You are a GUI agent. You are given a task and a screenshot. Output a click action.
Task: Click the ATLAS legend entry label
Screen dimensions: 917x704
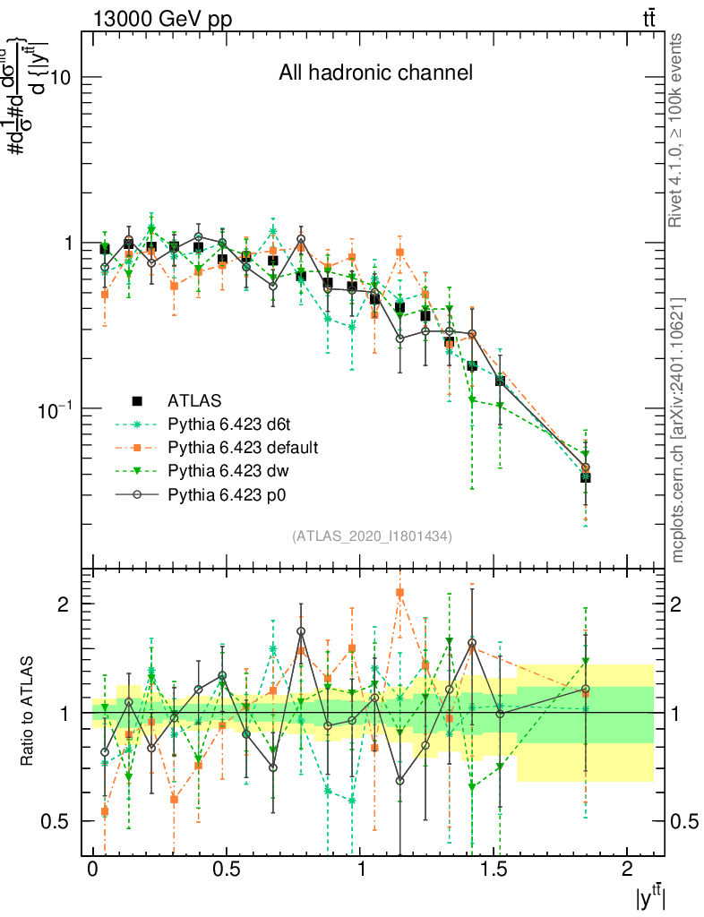[x=193, y=399]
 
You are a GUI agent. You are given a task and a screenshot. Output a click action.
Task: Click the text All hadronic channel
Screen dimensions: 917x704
[x=375, y=73]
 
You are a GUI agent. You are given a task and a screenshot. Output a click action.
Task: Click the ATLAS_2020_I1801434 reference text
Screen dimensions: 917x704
[x=372, y=536]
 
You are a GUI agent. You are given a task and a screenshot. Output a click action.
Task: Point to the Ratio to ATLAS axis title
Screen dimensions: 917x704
[x=28, y=713]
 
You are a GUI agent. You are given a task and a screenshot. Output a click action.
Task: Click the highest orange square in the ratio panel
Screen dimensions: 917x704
[x=400, y=592]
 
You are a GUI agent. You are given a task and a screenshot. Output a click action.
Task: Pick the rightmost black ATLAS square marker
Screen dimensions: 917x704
[x=586, y=477]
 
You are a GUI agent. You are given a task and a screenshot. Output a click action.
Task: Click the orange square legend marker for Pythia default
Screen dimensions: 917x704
[x=137, y=446]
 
